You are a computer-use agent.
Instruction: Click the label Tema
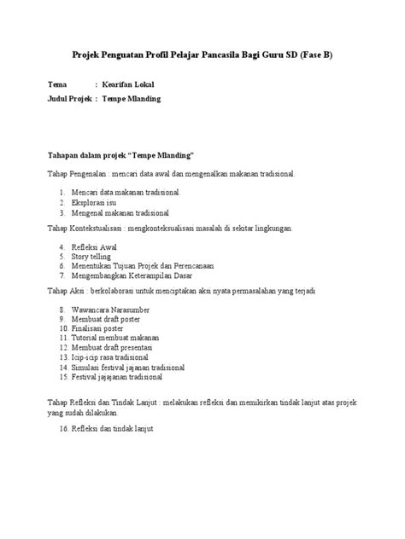pos(56,86)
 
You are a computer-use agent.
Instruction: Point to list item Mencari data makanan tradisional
pos(126,194)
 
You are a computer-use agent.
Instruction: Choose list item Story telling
pos(92,256)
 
